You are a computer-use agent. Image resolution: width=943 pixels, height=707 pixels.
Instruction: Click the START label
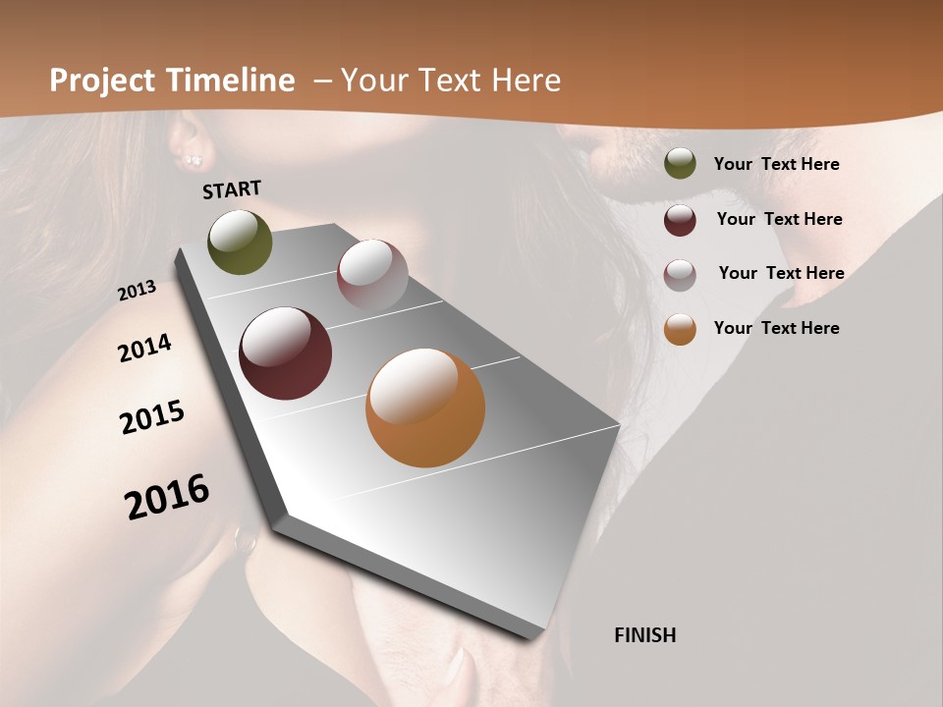click(x=232, y=190)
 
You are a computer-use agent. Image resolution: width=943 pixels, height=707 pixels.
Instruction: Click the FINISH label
click(x=645, y=635)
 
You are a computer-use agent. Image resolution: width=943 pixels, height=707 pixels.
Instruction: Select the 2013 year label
click(x=137, y=290)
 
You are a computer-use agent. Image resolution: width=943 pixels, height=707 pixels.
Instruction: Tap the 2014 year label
click(x=144, y=349)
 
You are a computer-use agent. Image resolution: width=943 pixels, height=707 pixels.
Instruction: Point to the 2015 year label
click(x=152, y=417)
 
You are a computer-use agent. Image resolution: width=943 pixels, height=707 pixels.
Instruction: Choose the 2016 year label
click(x=167, y=496)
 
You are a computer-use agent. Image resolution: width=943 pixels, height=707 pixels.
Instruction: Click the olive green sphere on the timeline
click(x=240, y=242)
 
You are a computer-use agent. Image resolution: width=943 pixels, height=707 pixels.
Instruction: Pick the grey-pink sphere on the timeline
click(x=372, y=275)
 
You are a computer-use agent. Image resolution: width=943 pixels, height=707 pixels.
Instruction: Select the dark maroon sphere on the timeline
click(x=285, y=353)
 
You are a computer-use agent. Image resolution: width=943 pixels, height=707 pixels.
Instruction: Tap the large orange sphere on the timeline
click(x=425, y=408)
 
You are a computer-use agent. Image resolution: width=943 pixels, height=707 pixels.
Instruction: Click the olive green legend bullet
click(x=680, y=163)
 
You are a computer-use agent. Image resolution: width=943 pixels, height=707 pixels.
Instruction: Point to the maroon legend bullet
click(x=680, y=220)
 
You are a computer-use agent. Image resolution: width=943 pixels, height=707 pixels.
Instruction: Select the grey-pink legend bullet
click(x=680, y=274)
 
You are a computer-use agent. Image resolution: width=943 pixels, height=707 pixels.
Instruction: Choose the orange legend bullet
click(x=680, y=329)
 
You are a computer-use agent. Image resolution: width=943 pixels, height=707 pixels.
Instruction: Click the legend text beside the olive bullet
click(x=776, y=164)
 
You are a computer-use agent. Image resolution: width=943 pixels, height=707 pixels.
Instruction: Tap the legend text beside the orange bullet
click(x=776, y=328)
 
